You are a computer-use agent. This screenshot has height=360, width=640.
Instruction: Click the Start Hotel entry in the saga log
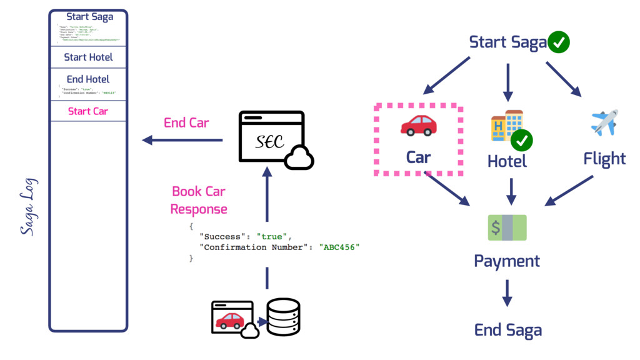(88, 57)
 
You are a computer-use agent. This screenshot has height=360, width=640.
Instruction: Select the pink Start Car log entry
(88, 111)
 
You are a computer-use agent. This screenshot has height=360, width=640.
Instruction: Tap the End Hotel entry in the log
(88, 79)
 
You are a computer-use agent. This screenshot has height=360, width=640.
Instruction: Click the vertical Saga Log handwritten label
(29, 207)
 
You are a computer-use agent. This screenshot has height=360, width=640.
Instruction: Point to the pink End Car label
(186, 122)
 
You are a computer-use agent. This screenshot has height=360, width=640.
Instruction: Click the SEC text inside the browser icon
(270, 142)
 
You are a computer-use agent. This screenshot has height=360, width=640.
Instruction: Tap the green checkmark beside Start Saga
(558, 42)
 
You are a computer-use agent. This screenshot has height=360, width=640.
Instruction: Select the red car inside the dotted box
(418, 125)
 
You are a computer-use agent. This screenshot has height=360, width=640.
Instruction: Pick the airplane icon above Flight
(604, 122)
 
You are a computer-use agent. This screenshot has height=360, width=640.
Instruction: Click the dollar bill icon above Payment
(507, 227)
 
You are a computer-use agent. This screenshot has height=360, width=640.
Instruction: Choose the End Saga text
(507, 330)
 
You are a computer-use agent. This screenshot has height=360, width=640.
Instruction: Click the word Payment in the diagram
(507, 261)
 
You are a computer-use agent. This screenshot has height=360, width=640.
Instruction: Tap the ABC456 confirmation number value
(339, 247)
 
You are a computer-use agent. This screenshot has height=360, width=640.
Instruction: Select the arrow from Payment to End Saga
(507, 292)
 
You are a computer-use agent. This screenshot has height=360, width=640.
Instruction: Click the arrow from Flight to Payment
(569, 190)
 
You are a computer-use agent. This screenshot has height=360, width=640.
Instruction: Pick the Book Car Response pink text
(199, 200)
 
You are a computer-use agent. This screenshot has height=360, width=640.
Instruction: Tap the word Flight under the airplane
(604, 159)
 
